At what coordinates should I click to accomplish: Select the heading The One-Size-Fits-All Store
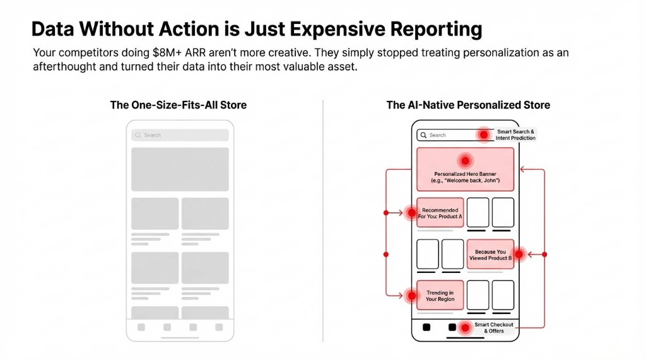coord(179,105)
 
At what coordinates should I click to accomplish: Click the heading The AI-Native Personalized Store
coord(468,105)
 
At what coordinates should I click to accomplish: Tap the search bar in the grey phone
coord(180,135)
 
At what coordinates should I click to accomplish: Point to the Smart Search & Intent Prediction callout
coord(515,135)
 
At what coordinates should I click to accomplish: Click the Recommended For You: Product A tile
coord(440,213)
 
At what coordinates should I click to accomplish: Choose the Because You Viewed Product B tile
coord(490,255)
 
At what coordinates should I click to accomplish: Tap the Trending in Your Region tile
coord(440,295)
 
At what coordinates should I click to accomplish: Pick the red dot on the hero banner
coord(465,161)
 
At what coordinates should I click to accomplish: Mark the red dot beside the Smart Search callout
coord(484,135)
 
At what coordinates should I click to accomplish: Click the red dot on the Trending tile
coord(412,295)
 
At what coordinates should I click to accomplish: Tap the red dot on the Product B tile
coord(519,255)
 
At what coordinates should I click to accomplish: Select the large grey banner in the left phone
coord(180,169)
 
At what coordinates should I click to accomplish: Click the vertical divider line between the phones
coord(323,221)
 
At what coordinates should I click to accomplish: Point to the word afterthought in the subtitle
coord(62,67)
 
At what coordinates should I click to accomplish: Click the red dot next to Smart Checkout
coord(465,328)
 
